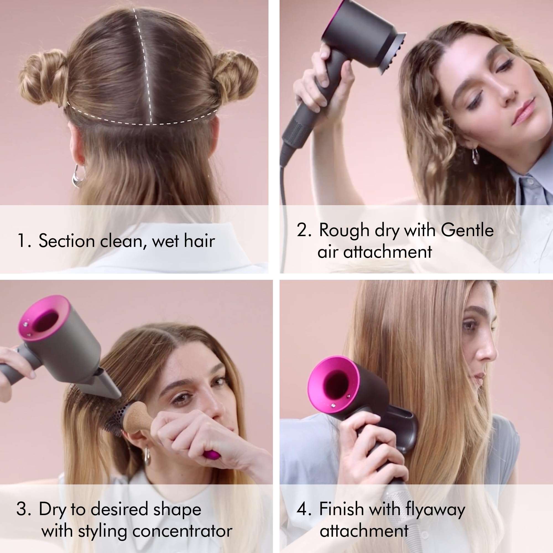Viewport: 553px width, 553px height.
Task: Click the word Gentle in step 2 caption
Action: [467, 230]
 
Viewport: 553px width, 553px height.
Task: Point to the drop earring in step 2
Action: [475, 156]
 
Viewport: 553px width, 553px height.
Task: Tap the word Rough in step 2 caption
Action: [344, 231]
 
